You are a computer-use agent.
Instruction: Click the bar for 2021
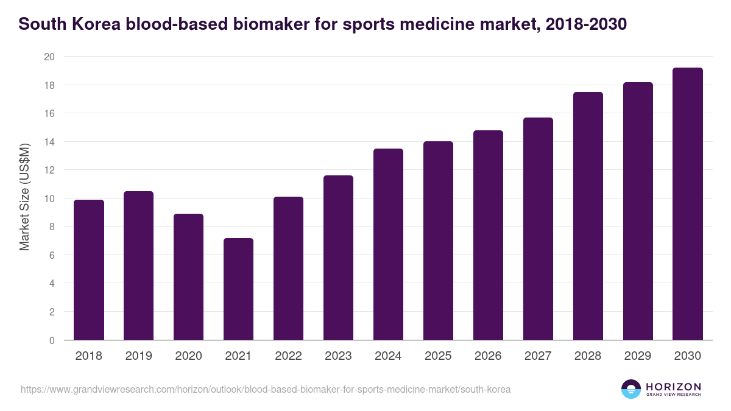(x=238, y=289)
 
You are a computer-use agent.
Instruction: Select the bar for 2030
(x=688, y=204)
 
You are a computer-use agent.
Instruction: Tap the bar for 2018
(x=89, y=270)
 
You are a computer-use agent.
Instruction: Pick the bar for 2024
(x=388, y=244)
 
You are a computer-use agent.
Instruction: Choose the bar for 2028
(x=588, y=216)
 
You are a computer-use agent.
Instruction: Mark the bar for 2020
(x=188, y=277)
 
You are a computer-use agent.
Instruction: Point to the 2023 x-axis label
(x=338, y=356)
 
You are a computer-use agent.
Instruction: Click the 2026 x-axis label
(x=488, y=356)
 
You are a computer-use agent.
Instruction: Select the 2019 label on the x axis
(x=138, y=356)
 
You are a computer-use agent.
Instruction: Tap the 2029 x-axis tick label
(x=638, y=356)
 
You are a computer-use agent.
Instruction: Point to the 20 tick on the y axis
(x=49, y=57)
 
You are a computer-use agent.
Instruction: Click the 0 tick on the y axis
(x=52, y=340)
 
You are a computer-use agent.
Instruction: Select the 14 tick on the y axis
(x=49, y=142)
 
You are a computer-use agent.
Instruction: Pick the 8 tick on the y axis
(x=52, y=227)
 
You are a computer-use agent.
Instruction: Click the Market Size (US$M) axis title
(x=24, y=198)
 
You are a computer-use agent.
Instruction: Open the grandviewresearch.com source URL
(x=266, y=389)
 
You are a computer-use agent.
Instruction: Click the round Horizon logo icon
(x=631, y=389)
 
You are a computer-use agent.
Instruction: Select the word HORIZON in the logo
(x=673, y=386)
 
